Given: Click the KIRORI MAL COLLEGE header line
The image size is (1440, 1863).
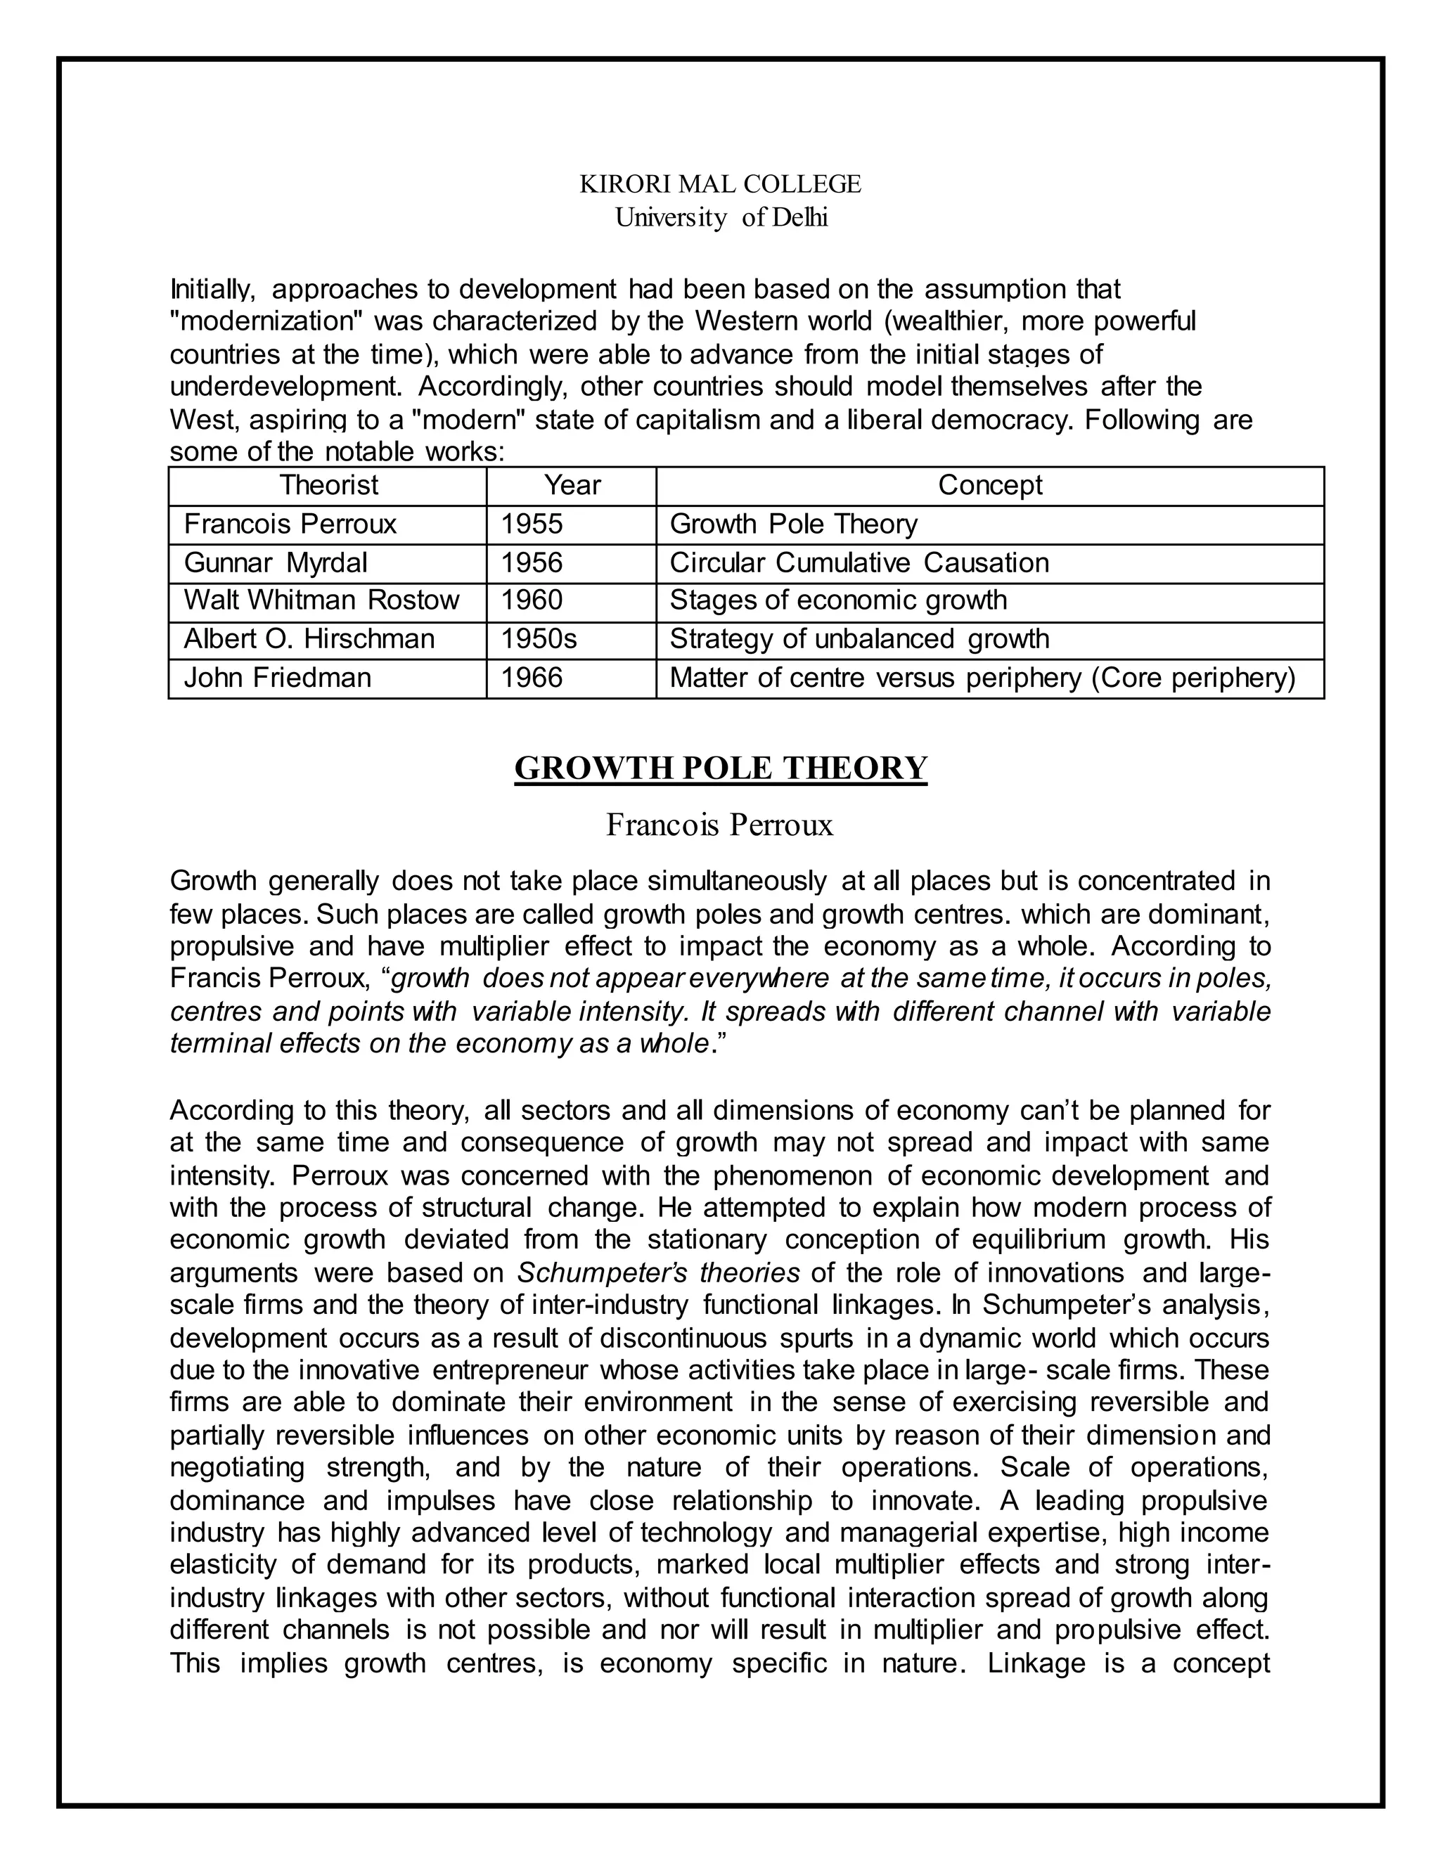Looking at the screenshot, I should point(720,184).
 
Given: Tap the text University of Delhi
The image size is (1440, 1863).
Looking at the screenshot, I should point(721,219).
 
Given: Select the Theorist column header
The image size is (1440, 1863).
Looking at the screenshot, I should point(328,485).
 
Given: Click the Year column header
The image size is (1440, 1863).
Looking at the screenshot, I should point(572,485).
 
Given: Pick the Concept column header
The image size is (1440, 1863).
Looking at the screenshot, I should point(989,485).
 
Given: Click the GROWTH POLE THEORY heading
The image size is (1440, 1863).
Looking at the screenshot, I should point(720,768).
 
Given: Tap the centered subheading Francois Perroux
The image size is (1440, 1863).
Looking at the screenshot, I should point(719,826).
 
